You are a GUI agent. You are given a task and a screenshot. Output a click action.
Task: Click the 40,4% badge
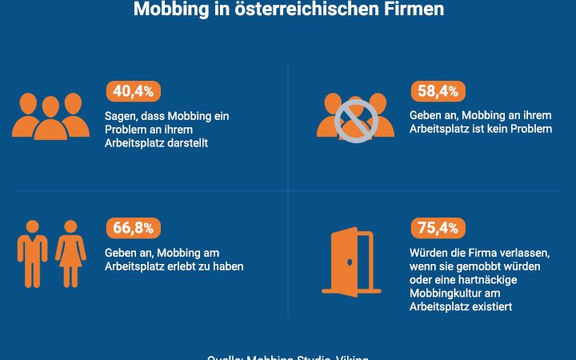tap(133, 91)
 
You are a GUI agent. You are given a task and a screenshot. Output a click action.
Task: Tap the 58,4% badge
tap(438, 91)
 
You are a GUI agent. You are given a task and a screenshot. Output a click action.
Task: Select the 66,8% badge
tap(133, 228)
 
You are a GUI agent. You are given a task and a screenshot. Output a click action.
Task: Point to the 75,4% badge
tap(438, 228)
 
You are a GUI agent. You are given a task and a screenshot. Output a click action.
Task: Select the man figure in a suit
tap(33, 254)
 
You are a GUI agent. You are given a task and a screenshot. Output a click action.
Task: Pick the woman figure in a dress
tap(71, 254)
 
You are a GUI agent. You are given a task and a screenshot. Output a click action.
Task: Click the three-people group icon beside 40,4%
tap(50, 116)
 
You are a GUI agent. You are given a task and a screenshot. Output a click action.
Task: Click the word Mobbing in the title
tap(166, 10)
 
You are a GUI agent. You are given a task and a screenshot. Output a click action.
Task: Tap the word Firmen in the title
tap(415, 10)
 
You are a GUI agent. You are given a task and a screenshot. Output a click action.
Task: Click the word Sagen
tap(122, 116)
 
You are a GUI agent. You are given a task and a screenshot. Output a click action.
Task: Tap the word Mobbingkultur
tap(440, 293)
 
